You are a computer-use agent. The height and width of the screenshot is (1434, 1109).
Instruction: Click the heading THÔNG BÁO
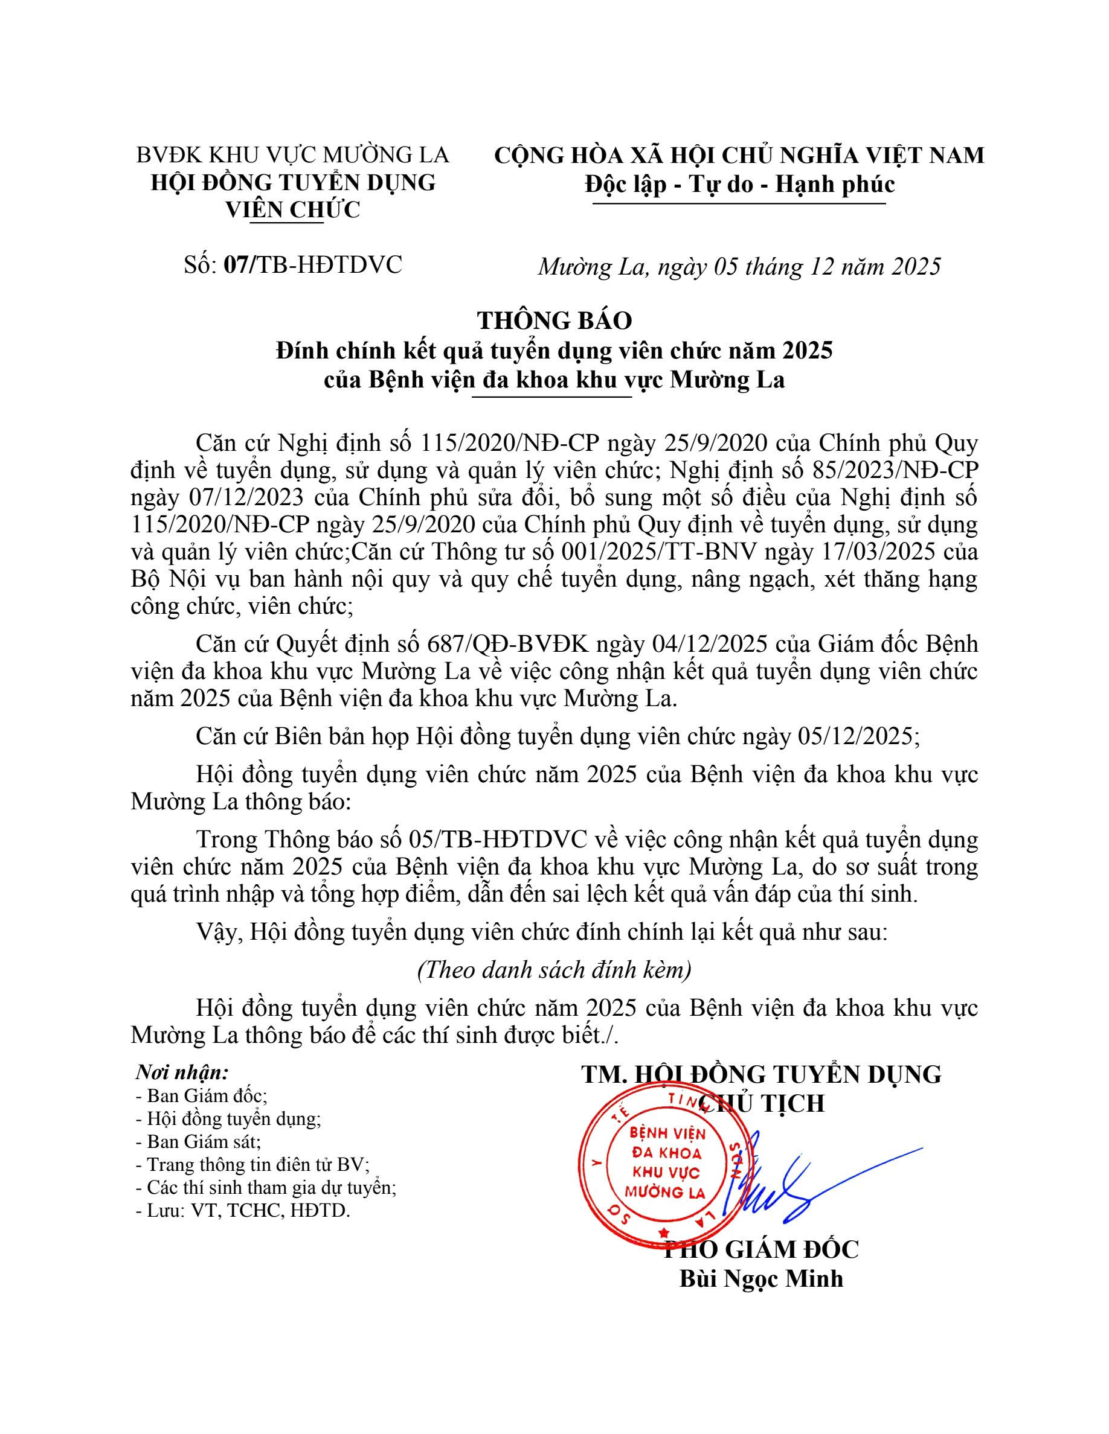[x=554, y=320]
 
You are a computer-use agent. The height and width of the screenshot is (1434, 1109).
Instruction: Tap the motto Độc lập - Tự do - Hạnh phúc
[x=739, y=184]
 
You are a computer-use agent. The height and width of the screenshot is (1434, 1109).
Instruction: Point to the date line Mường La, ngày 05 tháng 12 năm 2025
[x=739, y=266]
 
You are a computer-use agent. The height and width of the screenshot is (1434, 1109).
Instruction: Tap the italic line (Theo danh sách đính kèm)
[x=554, y=970]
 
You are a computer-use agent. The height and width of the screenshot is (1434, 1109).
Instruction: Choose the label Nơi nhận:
[x=182, y=1072]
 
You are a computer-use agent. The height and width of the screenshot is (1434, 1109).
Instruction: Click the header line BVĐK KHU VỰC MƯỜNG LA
[x=292, y=155]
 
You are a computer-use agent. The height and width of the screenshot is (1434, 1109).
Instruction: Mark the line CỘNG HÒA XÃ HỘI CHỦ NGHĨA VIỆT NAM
[x=739, y=155]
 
